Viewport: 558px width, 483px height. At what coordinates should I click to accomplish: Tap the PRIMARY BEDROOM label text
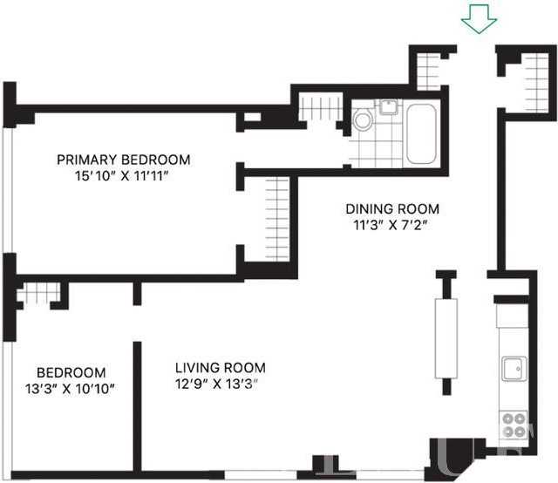[x=123, y=160]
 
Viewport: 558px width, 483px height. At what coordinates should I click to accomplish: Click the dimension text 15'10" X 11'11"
[x=123, y=175]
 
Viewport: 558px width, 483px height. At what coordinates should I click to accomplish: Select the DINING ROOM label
[x=392, y=209]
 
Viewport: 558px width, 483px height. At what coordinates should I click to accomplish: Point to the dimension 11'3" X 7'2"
[x=391, y=225]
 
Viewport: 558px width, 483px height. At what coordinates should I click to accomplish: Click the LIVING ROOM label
[x=220, y=368]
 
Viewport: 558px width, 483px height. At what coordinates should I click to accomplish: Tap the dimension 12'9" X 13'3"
[x=218, y=384]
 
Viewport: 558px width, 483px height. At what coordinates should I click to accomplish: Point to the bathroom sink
[x=388, y=108]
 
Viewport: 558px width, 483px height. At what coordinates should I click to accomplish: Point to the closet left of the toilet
[x=316, y=109]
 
